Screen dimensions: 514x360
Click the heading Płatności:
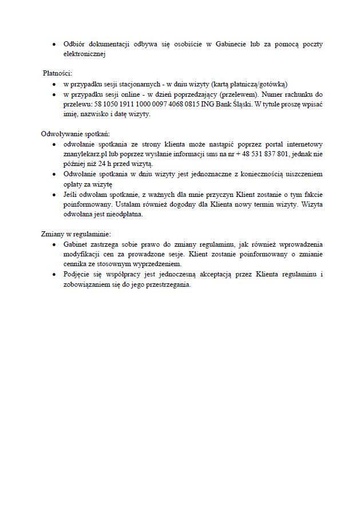coord(58,73)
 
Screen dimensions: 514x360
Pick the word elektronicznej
coord(85,54)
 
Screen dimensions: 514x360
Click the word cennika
coord(76,264)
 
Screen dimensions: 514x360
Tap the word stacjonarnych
coord(134,84)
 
